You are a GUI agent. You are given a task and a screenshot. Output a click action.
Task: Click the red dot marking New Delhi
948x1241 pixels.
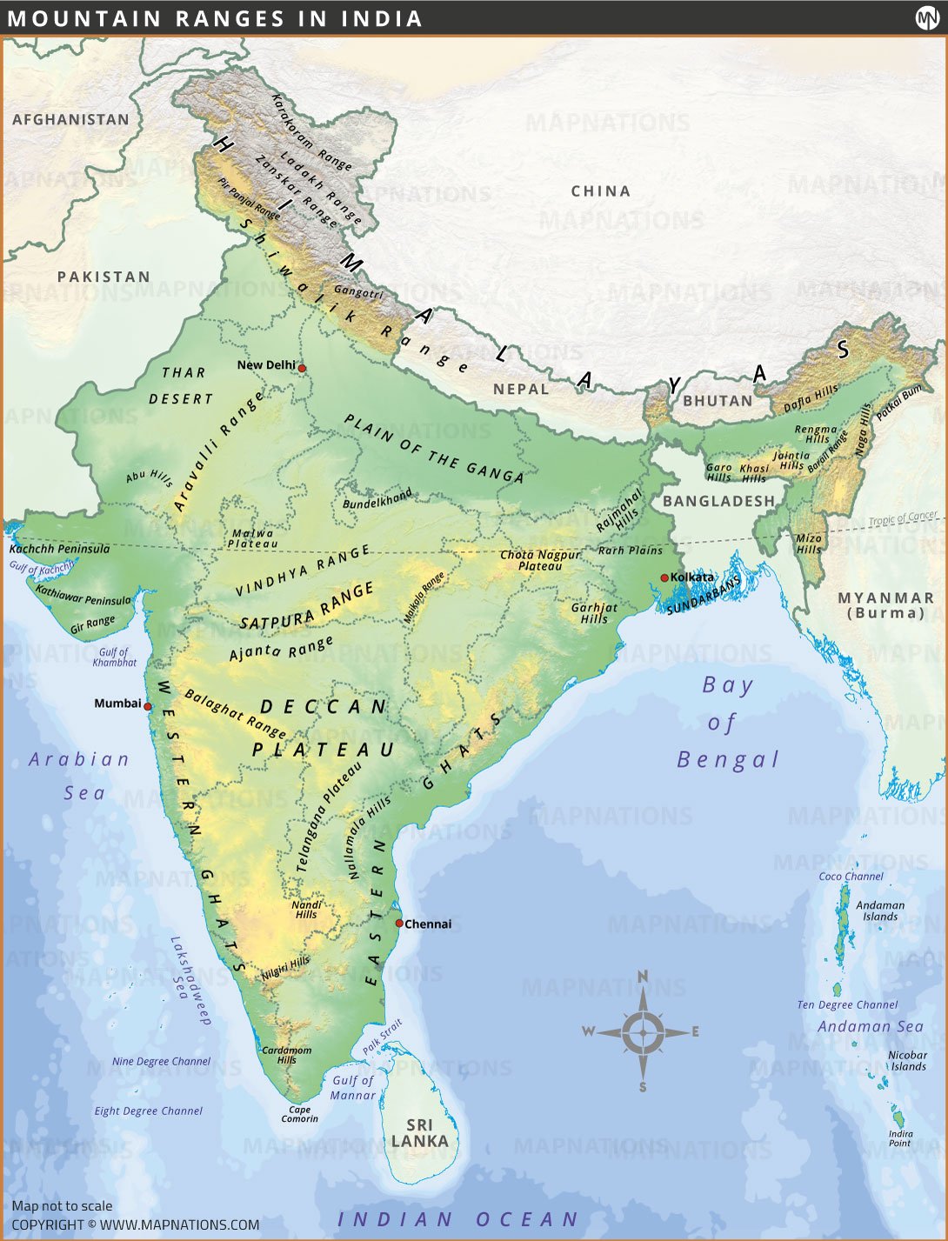click(x=302, y=368)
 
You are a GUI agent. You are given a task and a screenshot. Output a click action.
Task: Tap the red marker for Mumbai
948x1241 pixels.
click(x=148, y=707)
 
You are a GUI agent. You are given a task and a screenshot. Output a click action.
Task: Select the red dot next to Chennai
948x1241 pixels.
click(x=399, y=923)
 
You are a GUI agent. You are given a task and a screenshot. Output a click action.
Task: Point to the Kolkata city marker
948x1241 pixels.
click(x=664, y=577)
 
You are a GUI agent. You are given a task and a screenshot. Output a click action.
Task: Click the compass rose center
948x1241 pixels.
click(x=643, y=1033)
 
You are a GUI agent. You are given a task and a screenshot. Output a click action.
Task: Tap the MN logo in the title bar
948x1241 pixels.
click(x=927, y=18)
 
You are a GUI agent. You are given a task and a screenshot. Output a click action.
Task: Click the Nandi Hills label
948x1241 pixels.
click(x=306, y=910)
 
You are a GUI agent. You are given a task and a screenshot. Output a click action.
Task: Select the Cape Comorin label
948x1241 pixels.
click(x=299, y=1114)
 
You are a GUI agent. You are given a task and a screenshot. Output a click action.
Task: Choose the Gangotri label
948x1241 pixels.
click(x=358, y=292)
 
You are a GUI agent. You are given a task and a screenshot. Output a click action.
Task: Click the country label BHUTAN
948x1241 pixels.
click(x=718, y=401)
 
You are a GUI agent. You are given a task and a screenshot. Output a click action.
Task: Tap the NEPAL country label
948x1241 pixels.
click(x=521, y=389)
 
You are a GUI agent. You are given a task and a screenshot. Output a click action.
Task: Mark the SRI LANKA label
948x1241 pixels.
click(x=419, y=1133)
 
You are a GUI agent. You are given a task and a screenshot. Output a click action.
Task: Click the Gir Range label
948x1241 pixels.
click(x=92, y=624)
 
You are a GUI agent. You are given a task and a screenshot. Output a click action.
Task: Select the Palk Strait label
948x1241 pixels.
click(x=383, y=1037)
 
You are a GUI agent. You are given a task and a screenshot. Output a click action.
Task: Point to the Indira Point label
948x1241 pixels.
click(x=900, y=1138)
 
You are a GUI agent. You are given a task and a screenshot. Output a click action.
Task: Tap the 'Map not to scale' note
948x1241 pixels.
click(x=62, y=1205)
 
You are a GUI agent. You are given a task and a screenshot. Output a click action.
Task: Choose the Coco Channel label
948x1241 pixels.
click(x=851, y=877)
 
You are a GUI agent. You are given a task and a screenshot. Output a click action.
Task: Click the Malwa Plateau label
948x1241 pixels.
click(x=252, y=538)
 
